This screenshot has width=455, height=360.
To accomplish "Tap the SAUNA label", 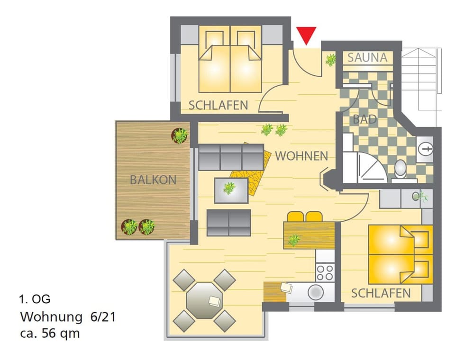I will click(x=367, y=58).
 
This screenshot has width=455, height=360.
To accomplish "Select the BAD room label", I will click(x=365, y=119).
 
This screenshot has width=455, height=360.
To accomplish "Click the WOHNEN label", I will click(x=301, y=155).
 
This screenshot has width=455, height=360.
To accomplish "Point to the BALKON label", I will click(x=153, y=180).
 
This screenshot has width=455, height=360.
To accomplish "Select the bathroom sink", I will click(x=425, y=149).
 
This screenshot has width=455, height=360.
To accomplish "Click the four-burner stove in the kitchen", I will click(x=325, y=272).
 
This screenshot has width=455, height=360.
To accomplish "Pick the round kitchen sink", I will click(x=315, y=292).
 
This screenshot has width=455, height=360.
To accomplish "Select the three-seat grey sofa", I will click(x=231, y=157).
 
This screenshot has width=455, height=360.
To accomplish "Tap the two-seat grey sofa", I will click(x=228, y=222).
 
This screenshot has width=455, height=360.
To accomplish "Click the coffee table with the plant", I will click(x=231, y=189).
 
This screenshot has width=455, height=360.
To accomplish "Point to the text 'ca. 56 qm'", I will click(x=50, y=333).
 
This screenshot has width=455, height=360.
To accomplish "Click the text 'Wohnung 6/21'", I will click(x=67, y=316).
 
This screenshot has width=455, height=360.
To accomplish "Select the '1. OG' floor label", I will click(x=35, y=299).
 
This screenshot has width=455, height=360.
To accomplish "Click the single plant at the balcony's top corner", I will click(x=180, y=136).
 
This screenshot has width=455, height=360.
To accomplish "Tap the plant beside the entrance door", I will click(x=330, y=60).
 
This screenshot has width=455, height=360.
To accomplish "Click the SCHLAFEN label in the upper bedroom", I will click(x=218, y=105).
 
